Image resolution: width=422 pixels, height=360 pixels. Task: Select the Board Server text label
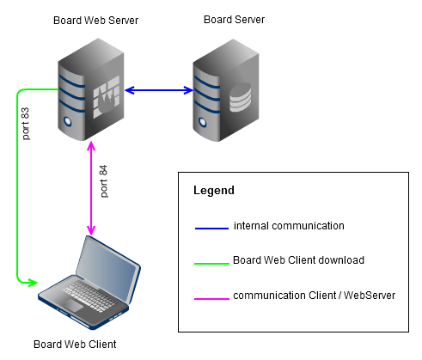click(x=234, y=20)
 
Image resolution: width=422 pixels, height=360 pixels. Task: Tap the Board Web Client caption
click(x=75, y=345)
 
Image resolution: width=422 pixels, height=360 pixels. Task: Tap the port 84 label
click(x=105, y=181)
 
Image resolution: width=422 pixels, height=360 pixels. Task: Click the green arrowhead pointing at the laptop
click(x=32, y=282)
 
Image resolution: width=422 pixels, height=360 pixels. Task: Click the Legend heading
click(x=213, y=190)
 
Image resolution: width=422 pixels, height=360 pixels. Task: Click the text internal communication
click(x=289, y=226)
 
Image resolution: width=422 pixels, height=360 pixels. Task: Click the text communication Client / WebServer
click(x=314, y=296)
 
